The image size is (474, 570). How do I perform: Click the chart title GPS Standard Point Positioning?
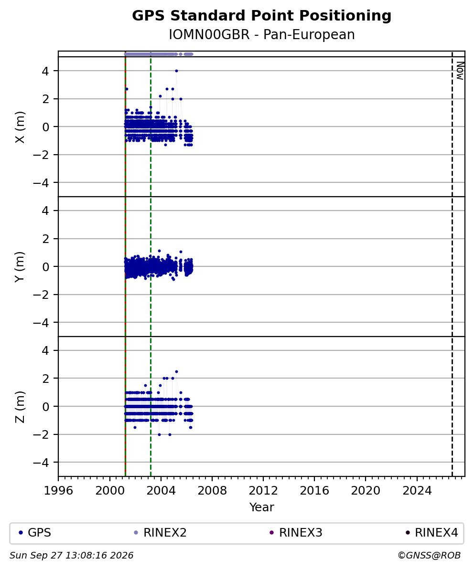coord(261,16)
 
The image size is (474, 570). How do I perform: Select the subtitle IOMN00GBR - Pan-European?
coord(261,35)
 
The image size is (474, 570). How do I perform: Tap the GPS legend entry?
coord(35,533)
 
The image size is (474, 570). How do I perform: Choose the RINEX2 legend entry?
coord(161,533)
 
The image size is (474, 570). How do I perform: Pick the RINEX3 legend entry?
coord(296,533)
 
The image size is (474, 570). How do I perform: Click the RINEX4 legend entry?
coord(432,533)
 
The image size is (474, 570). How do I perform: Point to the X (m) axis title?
coord(21,127)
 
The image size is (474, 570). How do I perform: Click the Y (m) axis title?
coord(21,267)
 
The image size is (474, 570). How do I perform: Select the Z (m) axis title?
coord(21,407)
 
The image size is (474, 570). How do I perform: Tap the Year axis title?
coord(261,507)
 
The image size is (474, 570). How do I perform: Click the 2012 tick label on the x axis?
coord(263,491)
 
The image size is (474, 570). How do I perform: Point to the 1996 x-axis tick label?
coord(59,491)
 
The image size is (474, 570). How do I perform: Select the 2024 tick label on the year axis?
coord(417,491)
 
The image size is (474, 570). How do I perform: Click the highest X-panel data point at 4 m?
coord(176,71)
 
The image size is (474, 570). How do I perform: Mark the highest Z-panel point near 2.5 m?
coord(176,371)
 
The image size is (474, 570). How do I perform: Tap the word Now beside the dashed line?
coord(460,71)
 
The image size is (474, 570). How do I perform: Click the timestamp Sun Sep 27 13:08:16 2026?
coord(71,556)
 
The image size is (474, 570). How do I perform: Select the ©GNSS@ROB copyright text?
coord(429,556)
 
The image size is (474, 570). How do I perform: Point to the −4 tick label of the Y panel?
coord(41,323)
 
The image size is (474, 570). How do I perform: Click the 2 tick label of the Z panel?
coord(45,379)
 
